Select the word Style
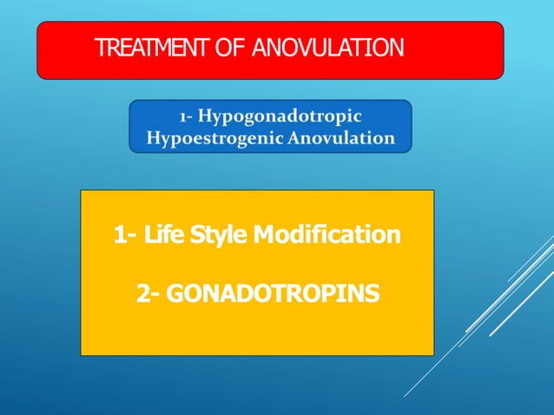[x=217, y=234]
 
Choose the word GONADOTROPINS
[x=272, y=295]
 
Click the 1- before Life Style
[x=124, y=234]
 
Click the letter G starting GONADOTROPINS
[x=173, y=295]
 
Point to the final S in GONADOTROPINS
[x=373, y=295]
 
